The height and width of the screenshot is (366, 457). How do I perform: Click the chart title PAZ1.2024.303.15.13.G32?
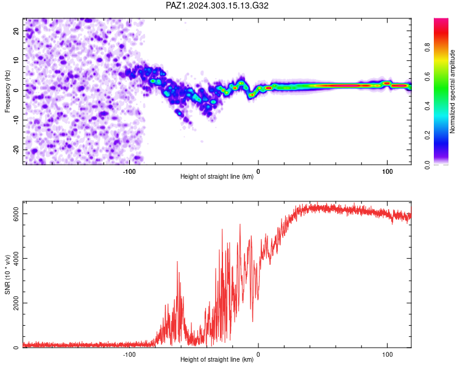click(x=217, y=5)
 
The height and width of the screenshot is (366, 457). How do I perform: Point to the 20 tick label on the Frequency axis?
click(x=16, y=30)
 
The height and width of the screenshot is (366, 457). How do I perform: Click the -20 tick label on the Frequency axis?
click(x=16, y=149)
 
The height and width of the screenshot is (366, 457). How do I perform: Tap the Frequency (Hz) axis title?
click(x=7, y=91)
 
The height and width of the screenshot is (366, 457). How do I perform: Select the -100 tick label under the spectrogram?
click(x=129, y=171)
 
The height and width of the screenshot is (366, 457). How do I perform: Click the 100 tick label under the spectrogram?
click(x=388, y=171)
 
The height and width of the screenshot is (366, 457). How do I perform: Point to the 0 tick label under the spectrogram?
click(x=258, y=171)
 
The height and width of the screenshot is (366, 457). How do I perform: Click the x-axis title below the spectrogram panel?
click(x=217, y=176)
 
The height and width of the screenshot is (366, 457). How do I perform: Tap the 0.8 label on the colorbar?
click(x=427, y=48)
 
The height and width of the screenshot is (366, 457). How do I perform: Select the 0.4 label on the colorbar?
click(x=427, y=106)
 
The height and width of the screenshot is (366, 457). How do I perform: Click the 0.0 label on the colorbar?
click(x=427, y=165)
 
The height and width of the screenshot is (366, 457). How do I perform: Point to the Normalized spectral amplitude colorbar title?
click(x=452, y=91)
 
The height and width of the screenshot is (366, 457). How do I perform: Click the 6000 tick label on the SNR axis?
click(x=16, y=214)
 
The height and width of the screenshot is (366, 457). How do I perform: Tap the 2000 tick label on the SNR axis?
click(x=16, y=303)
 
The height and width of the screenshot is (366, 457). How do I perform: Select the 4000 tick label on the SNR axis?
click(x=16, y=258)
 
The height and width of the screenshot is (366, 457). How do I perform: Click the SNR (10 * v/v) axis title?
click(x=7, y=274)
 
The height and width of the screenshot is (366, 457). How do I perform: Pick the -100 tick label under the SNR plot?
click(x=129, y=354)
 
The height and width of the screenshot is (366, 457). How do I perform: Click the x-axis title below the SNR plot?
click(x=217, y=359)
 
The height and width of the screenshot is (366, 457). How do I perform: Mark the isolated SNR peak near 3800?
click(x=177, y=262)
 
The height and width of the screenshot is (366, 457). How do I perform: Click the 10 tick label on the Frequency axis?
click(x=16, y=60)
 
